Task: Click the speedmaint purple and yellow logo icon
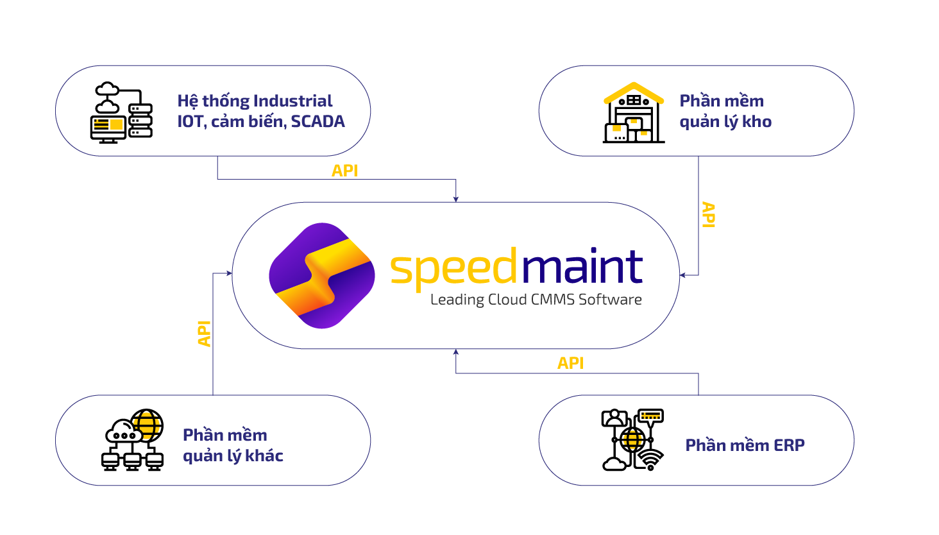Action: click(321, 276)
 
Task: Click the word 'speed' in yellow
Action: click(453, 268)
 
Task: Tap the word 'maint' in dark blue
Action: click(581, 266)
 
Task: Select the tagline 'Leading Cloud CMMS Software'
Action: click(536, 300)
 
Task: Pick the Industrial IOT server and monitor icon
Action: click(121, 112)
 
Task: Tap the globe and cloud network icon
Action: click(133, 440)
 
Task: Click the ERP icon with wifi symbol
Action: click(632, 440)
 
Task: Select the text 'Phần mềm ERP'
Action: click(745, 445)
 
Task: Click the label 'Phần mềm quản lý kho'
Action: click(725, 111)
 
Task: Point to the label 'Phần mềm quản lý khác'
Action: click(232, 445)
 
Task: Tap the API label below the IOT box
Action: click(344, 171)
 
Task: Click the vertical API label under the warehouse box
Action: click(708, 214)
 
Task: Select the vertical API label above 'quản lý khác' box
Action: click(204, 334)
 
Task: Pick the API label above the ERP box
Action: click(570, 363)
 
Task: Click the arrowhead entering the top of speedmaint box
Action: click(456, 199)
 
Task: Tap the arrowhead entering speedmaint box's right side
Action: click(683, 275)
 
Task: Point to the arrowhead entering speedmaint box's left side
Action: click(228, 273)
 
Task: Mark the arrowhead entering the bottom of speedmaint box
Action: click(456, 352)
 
